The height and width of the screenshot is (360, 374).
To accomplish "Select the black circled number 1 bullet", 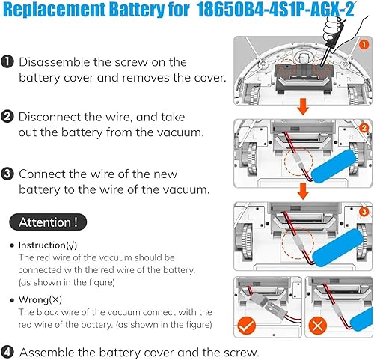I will tap(7, 63).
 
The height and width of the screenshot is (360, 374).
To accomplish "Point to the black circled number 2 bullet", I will tap(7, 116).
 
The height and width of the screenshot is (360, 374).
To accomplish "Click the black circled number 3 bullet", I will tap(7, 172).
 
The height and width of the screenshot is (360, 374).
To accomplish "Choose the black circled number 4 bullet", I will tap(7, 351).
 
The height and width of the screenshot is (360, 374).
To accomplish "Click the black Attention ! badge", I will tap(46, 222).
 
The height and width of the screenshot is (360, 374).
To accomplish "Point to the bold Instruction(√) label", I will tap(47, 245).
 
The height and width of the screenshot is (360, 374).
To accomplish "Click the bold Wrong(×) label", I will tap(41, 299).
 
